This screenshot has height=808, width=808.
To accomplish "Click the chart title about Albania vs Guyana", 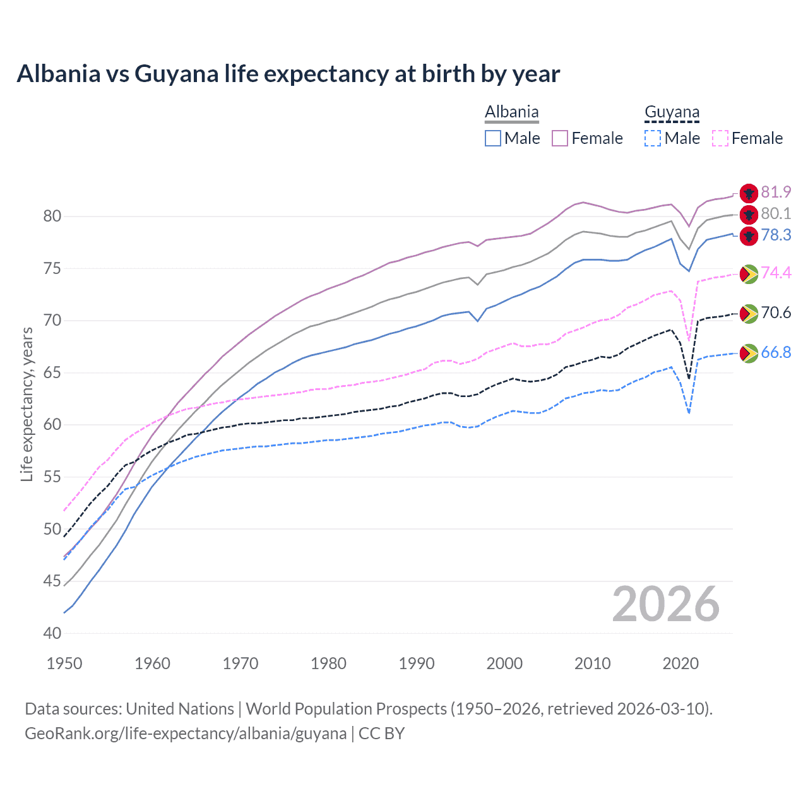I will (x=288, y=74).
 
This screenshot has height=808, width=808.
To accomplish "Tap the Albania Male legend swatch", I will (x=493, y=138).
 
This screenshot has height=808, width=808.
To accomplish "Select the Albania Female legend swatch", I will (x=560, y=138).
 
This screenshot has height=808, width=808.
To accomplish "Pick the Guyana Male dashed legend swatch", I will (x=653, y=138).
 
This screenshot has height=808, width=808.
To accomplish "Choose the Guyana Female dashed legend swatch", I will (x=720, y=138).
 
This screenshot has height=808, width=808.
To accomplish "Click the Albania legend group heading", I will (x=511, y=112).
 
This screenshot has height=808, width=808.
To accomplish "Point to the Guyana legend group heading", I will (x=672, y=112).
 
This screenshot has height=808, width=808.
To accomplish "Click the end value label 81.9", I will (x=776, y=192).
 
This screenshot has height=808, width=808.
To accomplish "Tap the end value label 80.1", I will (x=776, y=213).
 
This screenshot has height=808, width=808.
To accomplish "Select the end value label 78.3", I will (x=776, y=235).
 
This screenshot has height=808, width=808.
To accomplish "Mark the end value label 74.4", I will (x=776, y=273).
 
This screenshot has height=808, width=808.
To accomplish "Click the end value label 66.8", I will (x=776, y=352).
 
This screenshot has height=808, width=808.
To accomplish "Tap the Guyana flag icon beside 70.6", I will (x=749, y=313).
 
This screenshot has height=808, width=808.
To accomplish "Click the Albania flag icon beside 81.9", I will (x=749, y=193).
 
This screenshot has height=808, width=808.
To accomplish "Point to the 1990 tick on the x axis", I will (x=417, y=663).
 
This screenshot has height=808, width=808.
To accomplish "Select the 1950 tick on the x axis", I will (x=64, y=663).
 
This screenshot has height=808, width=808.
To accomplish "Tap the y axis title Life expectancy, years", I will (x=27, y=404).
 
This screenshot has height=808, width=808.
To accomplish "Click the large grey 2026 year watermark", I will (x=665, y=604).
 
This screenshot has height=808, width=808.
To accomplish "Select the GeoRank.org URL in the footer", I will (x=185, y=734).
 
